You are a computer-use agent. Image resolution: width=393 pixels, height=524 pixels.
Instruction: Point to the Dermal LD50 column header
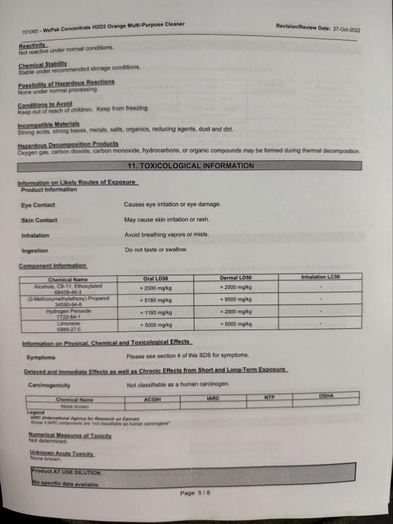[236, 278]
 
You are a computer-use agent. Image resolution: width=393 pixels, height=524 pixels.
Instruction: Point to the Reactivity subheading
[31, 45]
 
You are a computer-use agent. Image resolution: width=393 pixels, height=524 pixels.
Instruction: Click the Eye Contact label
[38, 205]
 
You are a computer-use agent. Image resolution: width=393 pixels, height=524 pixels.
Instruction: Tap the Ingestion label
[35, 250]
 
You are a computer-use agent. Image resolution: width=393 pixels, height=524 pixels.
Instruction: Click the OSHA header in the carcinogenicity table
[326, 396]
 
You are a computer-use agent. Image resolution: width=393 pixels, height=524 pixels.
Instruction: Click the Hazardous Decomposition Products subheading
[68, 144]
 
